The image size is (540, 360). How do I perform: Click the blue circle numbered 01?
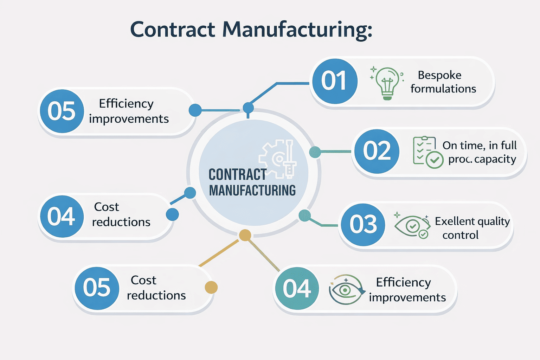pos(335,81)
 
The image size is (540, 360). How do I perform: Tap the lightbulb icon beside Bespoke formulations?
pos(387,83)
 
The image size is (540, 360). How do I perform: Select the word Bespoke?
pos(439,75)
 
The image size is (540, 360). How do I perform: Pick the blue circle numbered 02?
pos(377,151)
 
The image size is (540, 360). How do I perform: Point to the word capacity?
pos(495,159)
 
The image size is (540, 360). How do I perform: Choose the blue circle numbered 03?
pos(363,224)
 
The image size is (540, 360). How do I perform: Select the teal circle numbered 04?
pos(297,289)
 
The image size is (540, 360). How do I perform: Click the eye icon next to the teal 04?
pos(345,289)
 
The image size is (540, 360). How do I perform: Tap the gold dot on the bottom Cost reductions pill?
pos(211,287)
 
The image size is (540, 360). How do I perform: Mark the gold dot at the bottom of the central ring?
pos(245,235)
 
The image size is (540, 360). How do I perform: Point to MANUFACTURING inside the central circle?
pos(252,191)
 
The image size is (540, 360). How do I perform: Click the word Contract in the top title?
pos(172,30)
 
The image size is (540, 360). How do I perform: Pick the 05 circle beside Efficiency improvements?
pos(62,111)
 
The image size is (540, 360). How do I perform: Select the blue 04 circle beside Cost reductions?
pos(61,216)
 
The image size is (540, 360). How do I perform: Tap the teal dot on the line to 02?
pos(315,152)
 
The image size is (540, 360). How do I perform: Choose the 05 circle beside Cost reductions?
pos(97,288)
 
